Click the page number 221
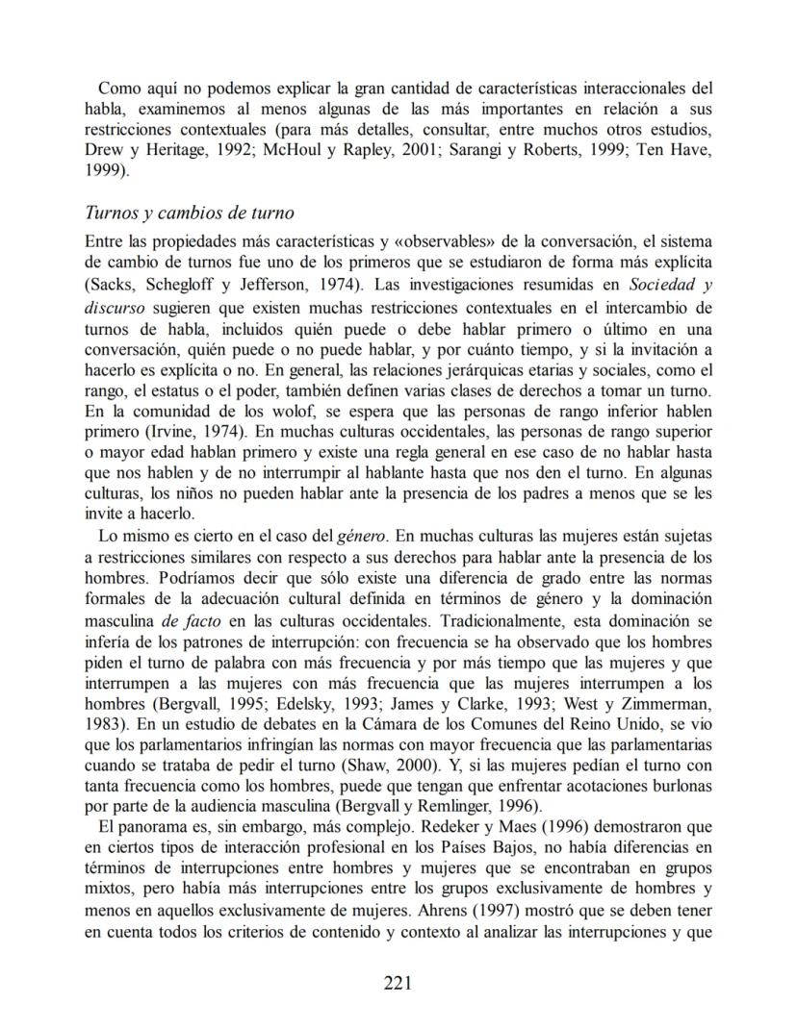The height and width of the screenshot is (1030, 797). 398,982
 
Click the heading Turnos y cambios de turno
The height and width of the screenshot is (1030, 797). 190,213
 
